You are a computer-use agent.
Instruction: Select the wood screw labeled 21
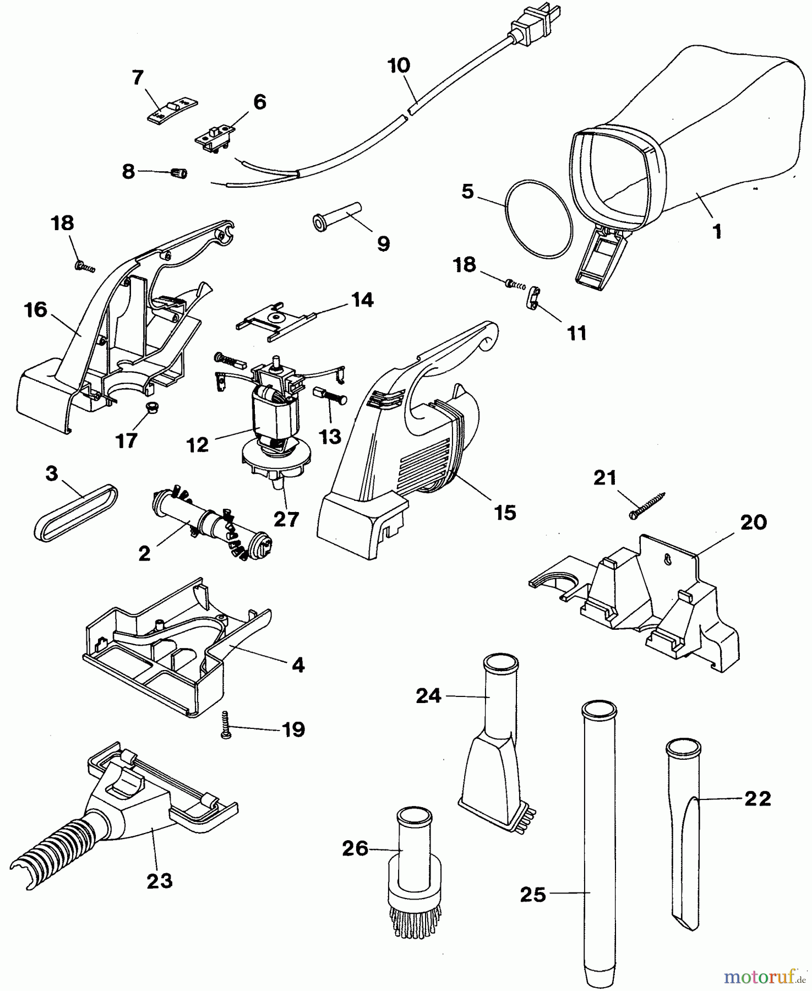tap(647, 505)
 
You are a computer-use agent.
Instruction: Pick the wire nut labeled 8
tap(178, 173)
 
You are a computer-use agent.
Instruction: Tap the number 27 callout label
tap(286, 519)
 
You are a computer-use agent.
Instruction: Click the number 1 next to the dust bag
tap(717, 232)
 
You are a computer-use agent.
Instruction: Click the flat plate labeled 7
tap(171, 109)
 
